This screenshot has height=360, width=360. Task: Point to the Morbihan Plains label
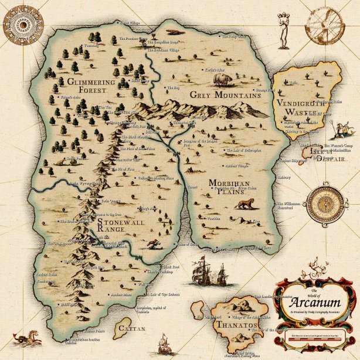(229, 187)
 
